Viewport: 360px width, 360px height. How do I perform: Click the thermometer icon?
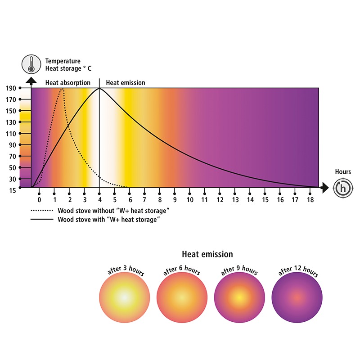point(31,64)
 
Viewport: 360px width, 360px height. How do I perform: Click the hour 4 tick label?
point(99,199)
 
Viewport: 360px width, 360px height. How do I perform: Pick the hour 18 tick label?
point(310,199)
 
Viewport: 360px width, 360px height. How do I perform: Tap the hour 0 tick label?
point(39,199)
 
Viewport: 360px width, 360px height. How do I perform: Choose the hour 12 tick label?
point(220,199)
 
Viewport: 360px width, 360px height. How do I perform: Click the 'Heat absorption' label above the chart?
point(67,83)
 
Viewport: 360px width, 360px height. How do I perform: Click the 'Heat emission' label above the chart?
point(126,83)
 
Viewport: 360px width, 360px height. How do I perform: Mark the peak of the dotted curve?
point(62,89)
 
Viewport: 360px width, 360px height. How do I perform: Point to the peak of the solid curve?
point(99,88)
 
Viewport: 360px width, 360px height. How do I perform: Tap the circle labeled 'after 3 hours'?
point(124,298)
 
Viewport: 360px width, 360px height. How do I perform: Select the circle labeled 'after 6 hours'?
point(182,298)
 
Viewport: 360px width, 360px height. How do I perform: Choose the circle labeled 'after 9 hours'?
point(239,298)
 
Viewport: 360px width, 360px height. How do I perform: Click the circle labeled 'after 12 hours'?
point(297,298)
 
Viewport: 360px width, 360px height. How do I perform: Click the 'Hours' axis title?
point(343,171)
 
